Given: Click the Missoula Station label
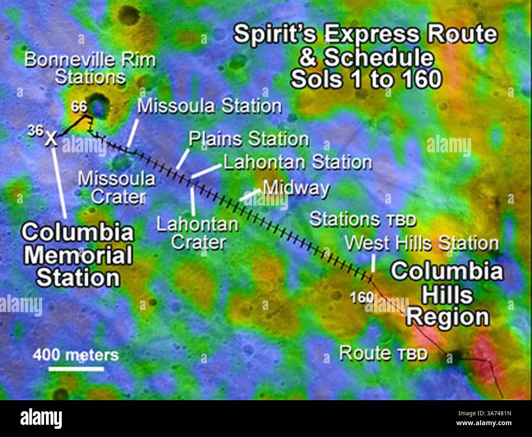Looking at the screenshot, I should [210, 106].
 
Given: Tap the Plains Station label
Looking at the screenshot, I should [248, 139].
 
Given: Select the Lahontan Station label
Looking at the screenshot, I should [298, 163].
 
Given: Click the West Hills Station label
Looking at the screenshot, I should [422, 243].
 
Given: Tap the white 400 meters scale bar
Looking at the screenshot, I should [76, 369].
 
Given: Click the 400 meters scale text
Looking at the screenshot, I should [76, 354].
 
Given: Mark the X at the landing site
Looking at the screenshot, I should [51, 139].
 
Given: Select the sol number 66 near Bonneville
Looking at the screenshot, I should [79, 107].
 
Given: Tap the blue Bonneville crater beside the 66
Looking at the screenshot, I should [99, 106].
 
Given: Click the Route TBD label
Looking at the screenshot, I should [383, 353].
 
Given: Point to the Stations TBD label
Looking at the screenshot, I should [363, 220].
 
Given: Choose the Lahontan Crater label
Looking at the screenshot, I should [198, 233].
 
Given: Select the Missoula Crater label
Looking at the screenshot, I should [117, 188].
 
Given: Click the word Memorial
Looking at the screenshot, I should [78, 255].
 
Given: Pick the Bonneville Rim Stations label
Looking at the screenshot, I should [90, 68].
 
